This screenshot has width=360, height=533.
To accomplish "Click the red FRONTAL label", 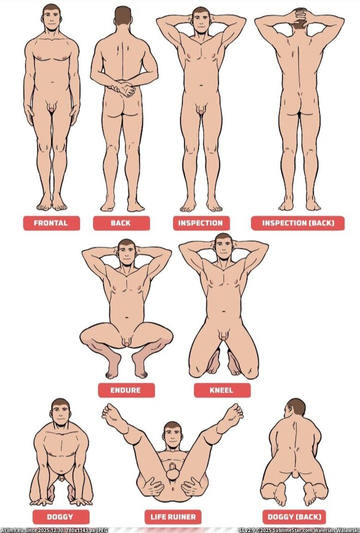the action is [x=51, y=223].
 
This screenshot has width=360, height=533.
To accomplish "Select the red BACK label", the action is [x=121, y=223].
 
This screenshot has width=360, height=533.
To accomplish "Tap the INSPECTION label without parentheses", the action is [x=201, y=223].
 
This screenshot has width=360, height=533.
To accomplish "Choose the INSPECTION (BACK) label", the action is [x=298, y=223].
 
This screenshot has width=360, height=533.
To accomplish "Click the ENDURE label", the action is [x=126, y=390].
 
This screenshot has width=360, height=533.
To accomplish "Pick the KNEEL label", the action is [x=222, y=390].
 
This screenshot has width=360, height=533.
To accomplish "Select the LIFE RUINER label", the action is [x=173, y=517].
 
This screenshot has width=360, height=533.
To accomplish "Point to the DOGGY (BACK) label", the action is [x=294, y=517].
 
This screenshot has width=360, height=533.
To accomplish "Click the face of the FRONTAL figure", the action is [x=52, y=20].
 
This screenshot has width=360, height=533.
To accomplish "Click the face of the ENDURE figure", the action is [x=127, y=253].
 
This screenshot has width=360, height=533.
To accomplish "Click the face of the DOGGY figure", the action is [x=61, y=413].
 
